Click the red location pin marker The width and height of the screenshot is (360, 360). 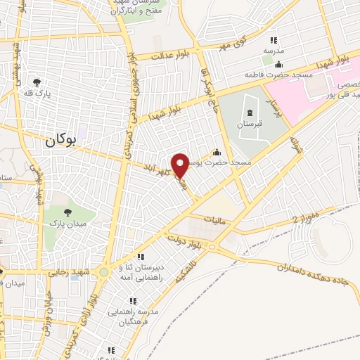click(181, 165)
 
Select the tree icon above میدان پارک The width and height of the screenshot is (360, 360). click(67, 212)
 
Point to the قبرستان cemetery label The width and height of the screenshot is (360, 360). click(249, 123)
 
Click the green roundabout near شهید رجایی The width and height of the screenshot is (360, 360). click(104, 271)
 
